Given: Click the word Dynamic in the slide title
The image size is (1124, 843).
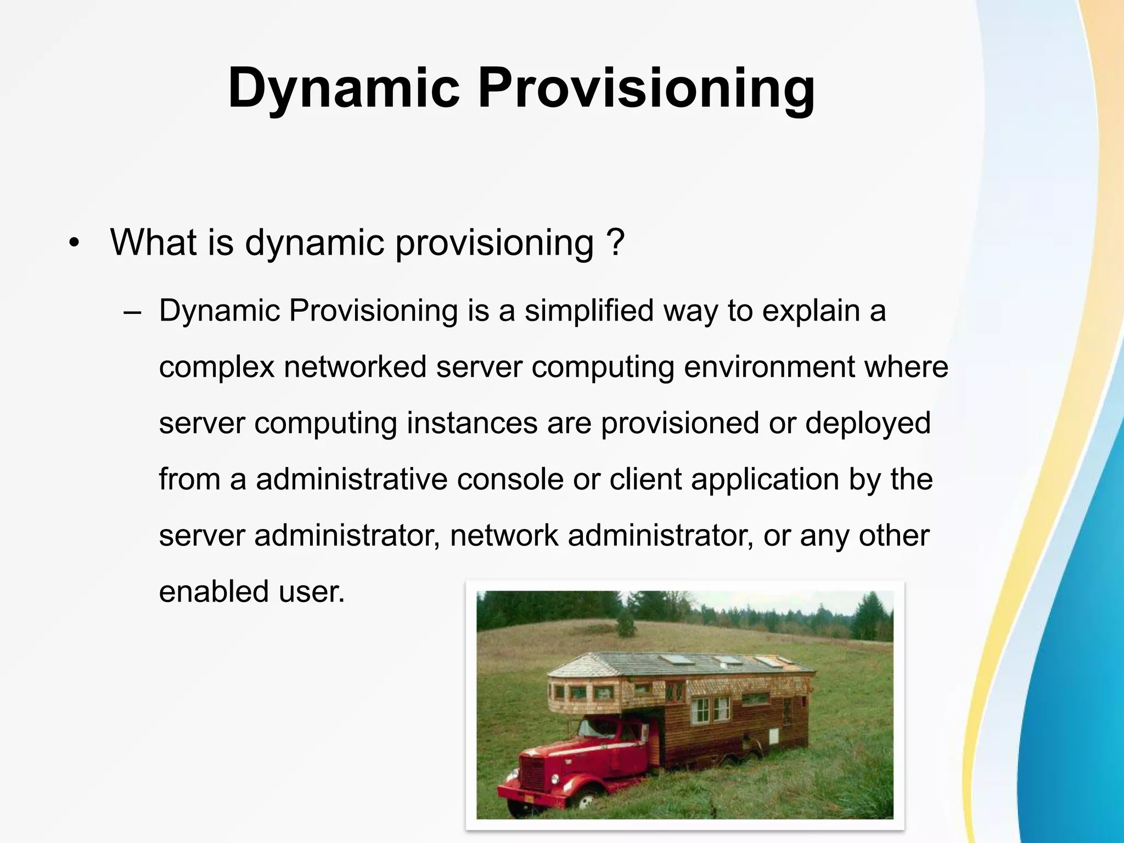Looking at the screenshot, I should (344, 88).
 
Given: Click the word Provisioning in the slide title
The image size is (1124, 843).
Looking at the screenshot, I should (646, 88).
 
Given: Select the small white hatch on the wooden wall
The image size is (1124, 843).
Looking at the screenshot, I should (774, 735).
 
